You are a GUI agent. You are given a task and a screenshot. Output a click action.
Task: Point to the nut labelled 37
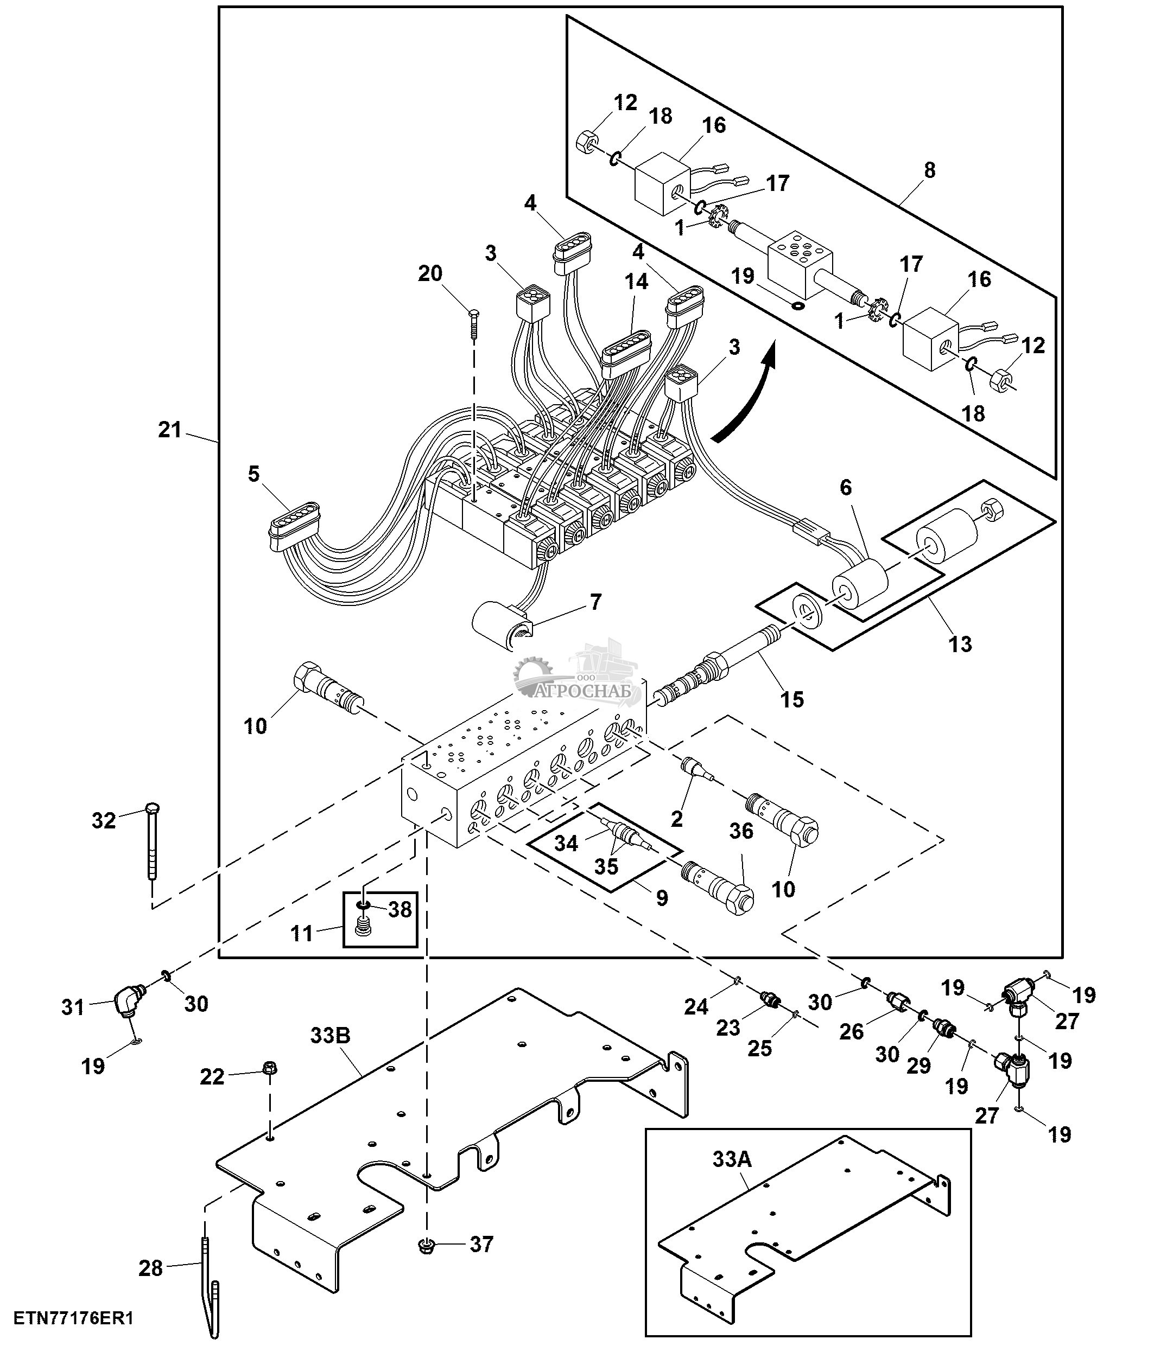point(427,1245)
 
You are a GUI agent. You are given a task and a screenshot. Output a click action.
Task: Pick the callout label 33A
point(732,1158)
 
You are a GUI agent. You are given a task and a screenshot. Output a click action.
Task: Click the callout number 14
point(636,281)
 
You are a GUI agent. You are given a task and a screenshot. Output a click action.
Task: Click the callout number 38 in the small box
point(400,909)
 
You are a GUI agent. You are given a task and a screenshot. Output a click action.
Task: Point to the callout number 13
point(960,644)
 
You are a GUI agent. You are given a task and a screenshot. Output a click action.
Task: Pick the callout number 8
point(929,170)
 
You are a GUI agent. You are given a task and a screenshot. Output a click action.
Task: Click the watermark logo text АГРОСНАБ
point(587,692)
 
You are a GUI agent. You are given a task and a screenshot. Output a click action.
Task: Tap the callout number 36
point(741,830)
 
